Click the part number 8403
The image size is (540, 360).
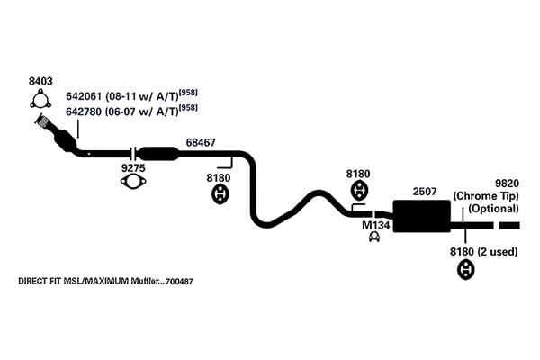40,81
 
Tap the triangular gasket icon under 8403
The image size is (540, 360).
40,99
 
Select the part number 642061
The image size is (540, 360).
84,96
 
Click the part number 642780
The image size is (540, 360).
84,112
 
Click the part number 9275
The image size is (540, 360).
133,168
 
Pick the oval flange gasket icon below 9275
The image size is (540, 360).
133,182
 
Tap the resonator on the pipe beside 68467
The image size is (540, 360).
159,154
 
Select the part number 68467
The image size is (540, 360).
201,142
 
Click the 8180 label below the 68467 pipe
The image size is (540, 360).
219,178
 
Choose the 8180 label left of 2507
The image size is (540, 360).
358,174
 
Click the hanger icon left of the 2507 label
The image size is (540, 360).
359,191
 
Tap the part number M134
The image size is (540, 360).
375,225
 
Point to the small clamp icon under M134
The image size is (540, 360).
374,237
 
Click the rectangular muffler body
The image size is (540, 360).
422,216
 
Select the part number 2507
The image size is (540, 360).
425,191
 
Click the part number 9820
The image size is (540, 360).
507,183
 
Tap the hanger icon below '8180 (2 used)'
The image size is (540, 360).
465,270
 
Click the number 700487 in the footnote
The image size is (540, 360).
179,282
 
